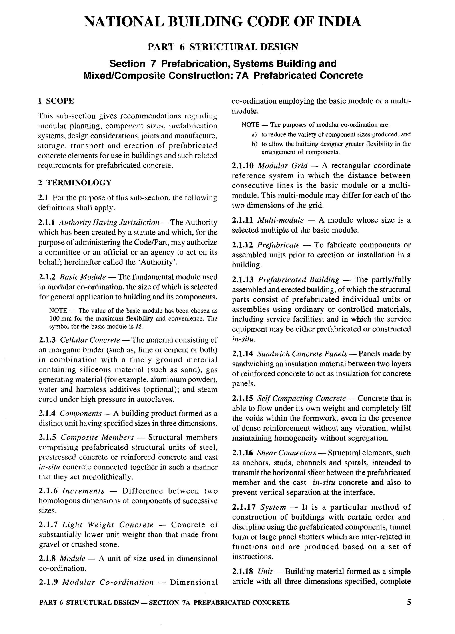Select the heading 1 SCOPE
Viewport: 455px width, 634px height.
(x=56, y=101)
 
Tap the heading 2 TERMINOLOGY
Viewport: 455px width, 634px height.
(x=75, y=183)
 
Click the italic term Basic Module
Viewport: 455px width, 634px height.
(x=83, y=277)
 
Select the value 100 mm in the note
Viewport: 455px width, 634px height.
(x=58, y=318)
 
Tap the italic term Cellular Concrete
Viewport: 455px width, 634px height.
(x=90, y=340)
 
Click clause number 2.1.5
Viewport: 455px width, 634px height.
(x=48, y=437)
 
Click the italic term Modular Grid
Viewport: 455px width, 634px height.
(x=282, y=166)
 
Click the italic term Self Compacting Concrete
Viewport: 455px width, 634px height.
(x=301, y=398)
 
